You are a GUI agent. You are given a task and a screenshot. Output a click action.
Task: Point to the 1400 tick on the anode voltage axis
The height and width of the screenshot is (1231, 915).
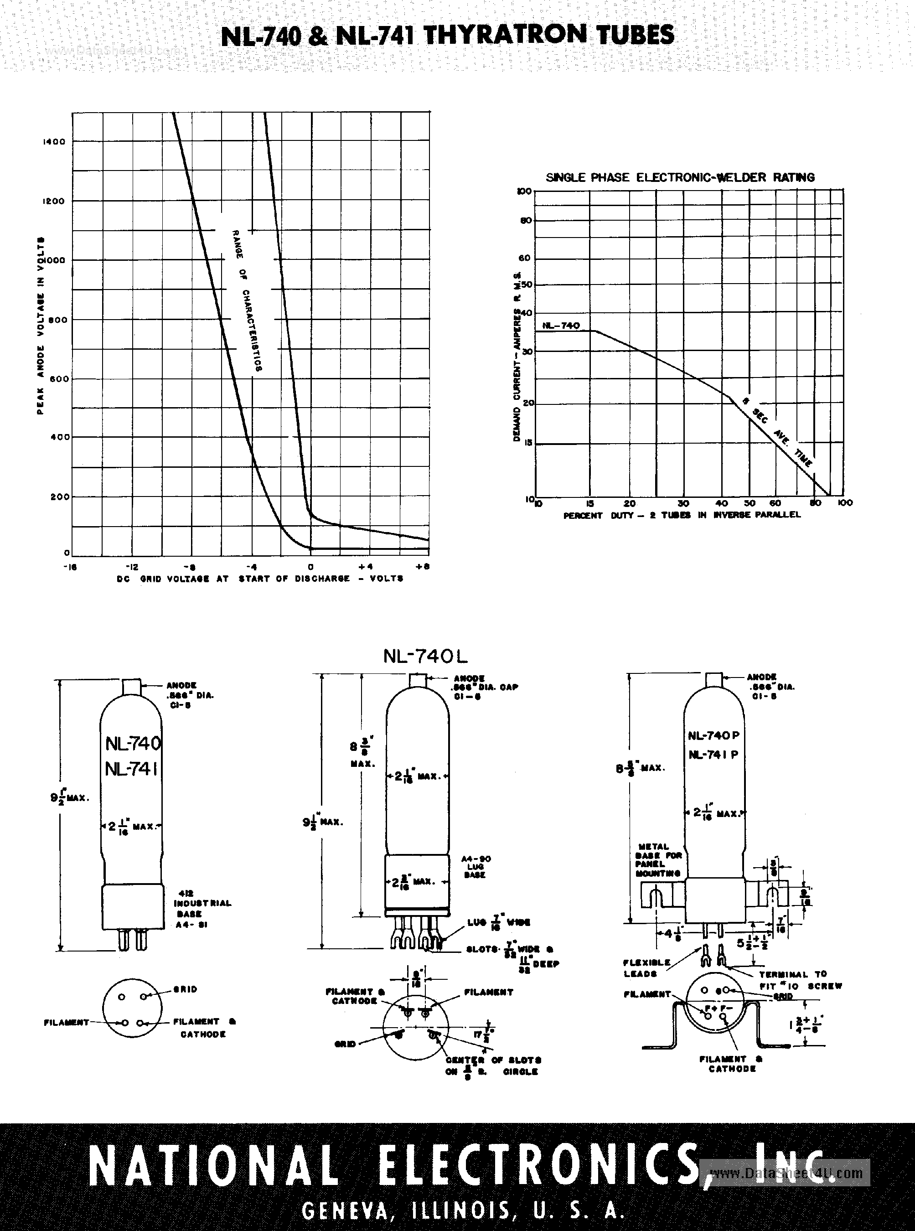(x=54, y=142)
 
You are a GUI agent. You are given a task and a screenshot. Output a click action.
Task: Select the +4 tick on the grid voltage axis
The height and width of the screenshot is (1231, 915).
(x=369, y=567)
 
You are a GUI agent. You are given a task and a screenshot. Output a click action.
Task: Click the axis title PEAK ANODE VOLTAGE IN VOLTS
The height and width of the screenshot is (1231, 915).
(x=41, y=326)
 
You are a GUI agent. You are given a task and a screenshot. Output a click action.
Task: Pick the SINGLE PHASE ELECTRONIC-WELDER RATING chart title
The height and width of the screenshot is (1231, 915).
(x=680, y=178)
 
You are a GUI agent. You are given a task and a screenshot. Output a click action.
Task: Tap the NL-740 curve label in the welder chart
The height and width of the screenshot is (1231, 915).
(x=561, y=326)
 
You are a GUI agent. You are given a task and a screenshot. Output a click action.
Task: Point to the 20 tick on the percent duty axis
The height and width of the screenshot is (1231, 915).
(x=630, y=503)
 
